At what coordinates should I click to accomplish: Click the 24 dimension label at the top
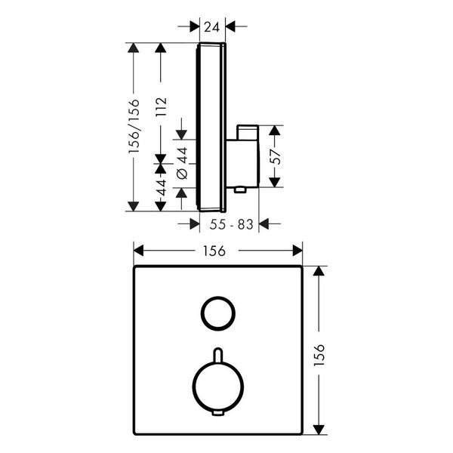[x=212, y=27]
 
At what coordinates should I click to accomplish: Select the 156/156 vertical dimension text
[x=134, y=126]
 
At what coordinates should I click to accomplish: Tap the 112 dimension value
[x=161, y=106]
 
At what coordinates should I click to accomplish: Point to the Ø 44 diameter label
[x=182, y=163]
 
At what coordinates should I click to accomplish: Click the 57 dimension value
[x=276, y=156]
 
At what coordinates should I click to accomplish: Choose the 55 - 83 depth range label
[x=232, y=224]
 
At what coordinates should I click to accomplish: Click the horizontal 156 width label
[x=214, y=251]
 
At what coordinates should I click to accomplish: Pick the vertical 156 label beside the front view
[x=319, y=355]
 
